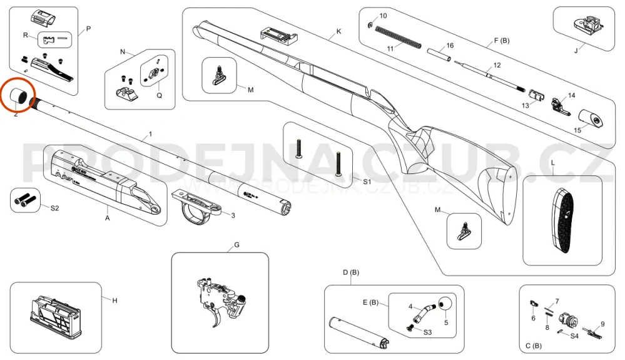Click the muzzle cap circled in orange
point(19,96)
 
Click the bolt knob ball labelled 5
point(445,304)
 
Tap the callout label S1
point(367,181)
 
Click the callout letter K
point(338,31)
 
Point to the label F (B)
point(502,41)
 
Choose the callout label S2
point(54,207)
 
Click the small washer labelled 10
point(372,24)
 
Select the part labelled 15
point(590,117)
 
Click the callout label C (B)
point(534,346)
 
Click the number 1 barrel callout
point(150,135)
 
